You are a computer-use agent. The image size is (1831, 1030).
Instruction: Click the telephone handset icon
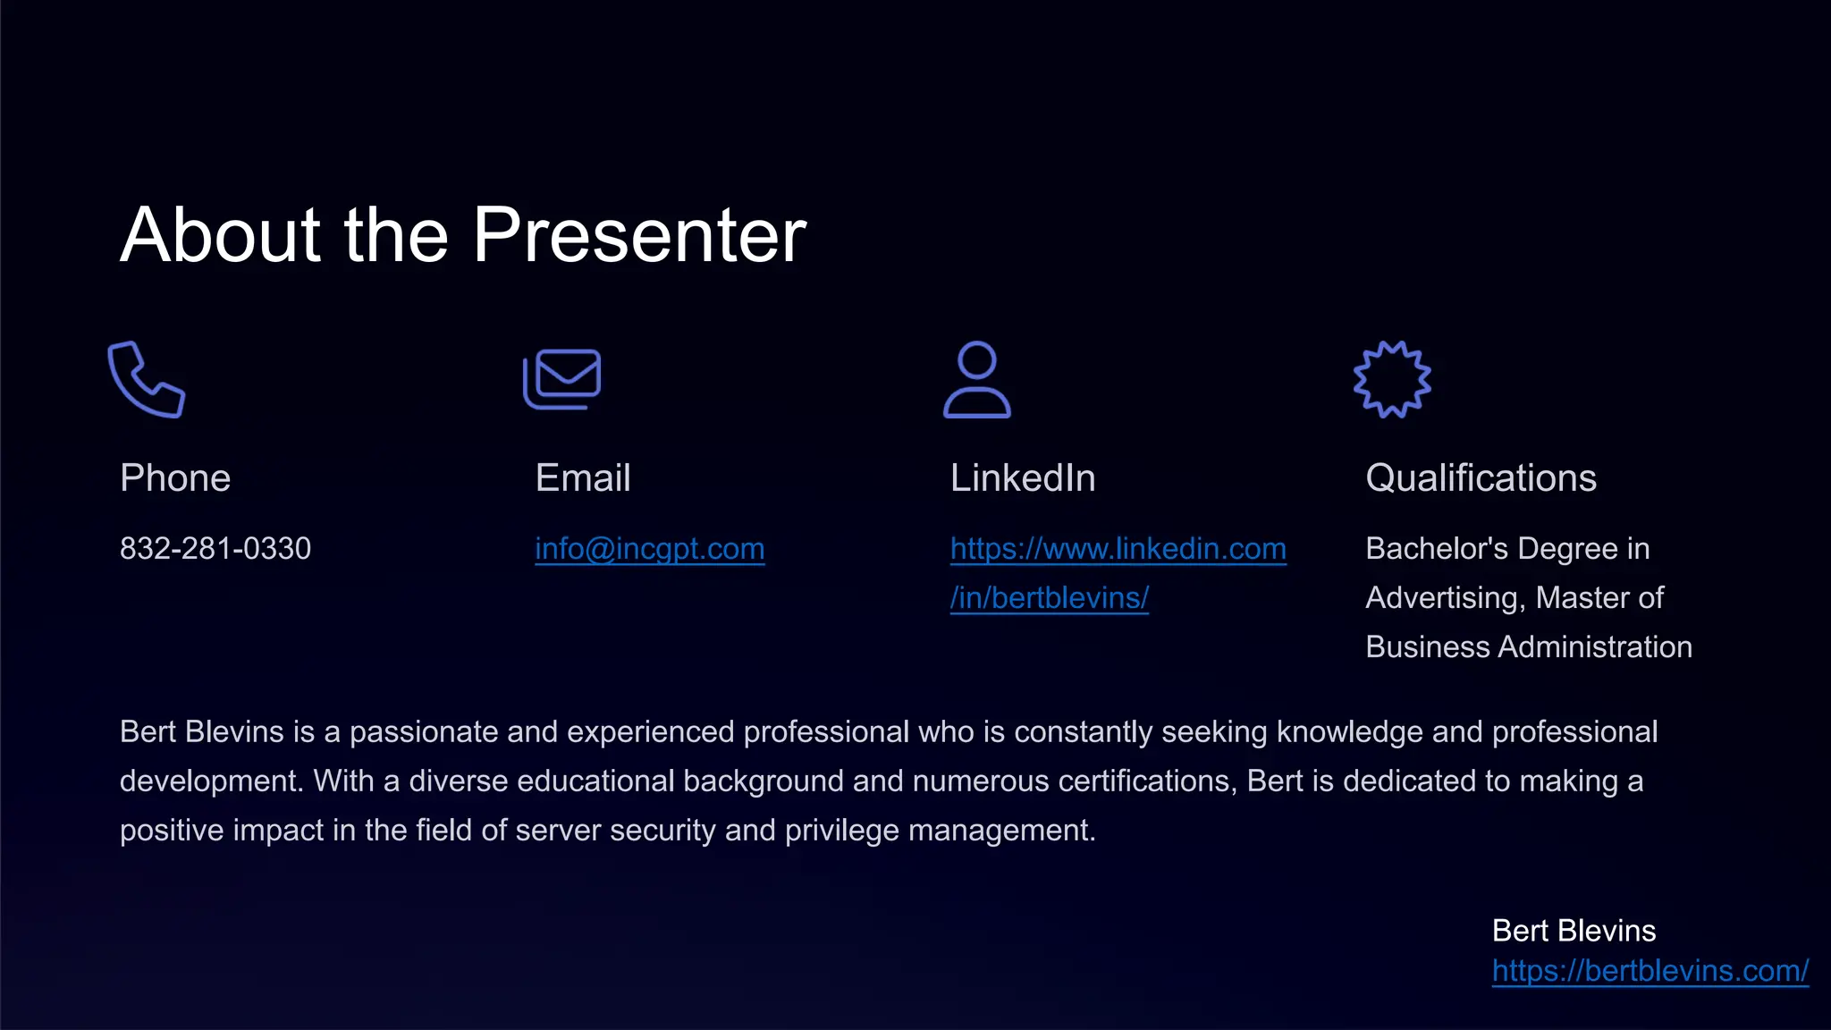pyautogui.click(x=146, y=379)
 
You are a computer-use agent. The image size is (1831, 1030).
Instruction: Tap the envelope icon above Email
pyautogui.click(x=562, y=378)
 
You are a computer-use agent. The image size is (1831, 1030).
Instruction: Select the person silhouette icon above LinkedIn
pyautogui.click(x=977, y=379)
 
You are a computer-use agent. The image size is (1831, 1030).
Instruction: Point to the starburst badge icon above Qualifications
pyautogui.click(x=1392, y=379)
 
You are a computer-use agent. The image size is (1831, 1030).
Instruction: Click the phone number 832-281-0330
pyautogui.click(x=215, y=548)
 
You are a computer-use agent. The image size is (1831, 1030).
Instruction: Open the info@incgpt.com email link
pyautogui.click(x=650, y=548)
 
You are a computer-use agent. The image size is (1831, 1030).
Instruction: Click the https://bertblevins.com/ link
pyautogui.click(x=1650, y=971)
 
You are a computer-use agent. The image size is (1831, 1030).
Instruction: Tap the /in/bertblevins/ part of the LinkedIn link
pyautogui.click(x=1050, y=597)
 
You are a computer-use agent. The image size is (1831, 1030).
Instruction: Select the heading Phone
pyautogui.click(x=175, y=478)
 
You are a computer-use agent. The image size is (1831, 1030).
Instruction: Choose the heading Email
pyautogui.click(x=583, y=478)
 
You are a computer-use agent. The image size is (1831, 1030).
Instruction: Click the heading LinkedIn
pyautogui.click(x=1023, y=478)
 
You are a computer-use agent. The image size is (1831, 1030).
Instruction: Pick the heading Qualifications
pyautogui.click(x=1481, y=478)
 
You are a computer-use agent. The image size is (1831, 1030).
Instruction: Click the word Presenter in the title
pyautogui.click(x=639, y=235)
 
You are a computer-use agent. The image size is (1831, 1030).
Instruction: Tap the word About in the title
pyautogui.click(x=221, y=235)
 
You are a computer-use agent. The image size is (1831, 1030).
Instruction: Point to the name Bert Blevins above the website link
pyautogui.click(x=1574, y=931)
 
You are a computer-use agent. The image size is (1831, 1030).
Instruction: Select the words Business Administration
pyautogui.click(x=1529, y=646)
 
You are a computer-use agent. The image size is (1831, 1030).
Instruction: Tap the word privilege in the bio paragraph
pyautogui.click(x=842, y=831)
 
